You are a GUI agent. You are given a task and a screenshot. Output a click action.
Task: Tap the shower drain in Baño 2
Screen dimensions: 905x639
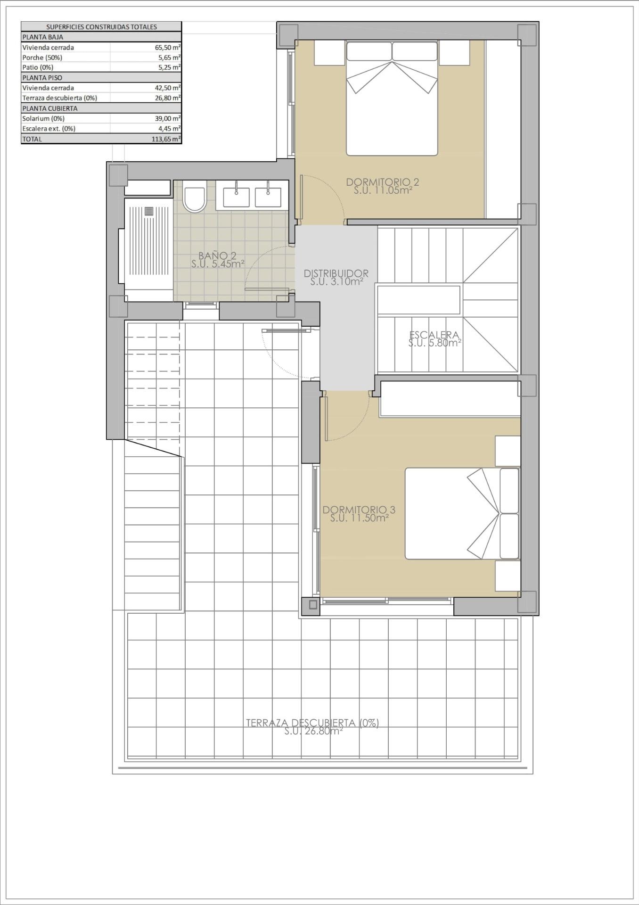point(149,211)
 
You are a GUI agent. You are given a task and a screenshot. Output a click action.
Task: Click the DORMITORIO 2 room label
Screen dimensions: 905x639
point(382,182)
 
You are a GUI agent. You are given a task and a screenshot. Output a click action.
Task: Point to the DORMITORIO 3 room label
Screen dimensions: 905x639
point(359,510)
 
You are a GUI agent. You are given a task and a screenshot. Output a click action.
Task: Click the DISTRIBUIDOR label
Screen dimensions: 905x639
point(336,273)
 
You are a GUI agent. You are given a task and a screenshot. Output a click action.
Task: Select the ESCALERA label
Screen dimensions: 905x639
point(434,335)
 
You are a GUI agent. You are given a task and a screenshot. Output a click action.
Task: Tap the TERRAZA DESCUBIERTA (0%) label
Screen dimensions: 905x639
point(312,723)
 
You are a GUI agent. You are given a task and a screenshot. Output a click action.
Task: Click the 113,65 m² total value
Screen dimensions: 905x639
point(168,139)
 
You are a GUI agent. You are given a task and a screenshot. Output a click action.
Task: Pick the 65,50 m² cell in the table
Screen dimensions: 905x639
point(168,48)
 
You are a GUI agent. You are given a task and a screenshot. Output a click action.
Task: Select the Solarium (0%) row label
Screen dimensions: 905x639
point(43,119)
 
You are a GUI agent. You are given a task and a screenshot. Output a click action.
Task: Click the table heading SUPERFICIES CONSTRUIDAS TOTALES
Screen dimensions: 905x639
point(101,27)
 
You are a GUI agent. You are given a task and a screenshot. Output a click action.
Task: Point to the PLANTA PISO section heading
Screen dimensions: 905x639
point(42,78)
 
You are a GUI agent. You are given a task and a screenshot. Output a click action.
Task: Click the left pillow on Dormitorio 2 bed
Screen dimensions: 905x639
point(369,51)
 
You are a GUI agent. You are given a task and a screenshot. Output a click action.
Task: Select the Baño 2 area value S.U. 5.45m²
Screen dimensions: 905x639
point(218,264)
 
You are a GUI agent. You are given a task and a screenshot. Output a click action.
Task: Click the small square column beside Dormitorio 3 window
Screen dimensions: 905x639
point(312,605)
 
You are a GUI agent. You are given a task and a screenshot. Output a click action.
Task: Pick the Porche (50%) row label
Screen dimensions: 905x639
point(42,58)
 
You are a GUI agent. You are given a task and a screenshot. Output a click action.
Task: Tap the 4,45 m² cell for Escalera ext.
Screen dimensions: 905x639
point(170,129)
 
